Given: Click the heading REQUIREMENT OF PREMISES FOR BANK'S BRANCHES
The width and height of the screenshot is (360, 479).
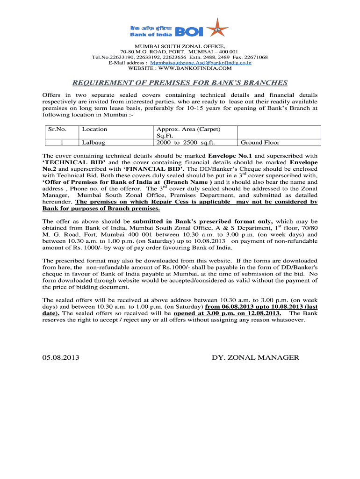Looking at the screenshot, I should (x=180, y=83).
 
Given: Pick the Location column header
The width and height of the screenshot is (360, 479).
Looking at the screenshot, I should (x=94, y=129).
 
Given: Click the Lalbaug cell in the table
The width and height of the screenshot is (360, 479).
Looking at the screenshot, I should (x=93, y=143).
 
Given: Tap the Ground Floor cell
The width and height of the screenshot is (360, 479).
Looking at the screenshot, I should (x=260, y=143).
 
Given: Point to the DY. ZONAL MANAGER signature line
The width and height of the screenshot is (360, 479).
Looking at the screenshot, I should (x=255, y=357).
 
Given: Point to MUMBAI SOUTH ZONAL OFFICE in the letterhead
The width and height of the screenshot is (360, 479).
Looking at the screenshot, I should (x=180, y=46).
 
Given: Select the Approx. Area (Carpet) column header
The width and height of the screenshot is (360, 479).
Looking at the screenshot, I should (x=188, y=129).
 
